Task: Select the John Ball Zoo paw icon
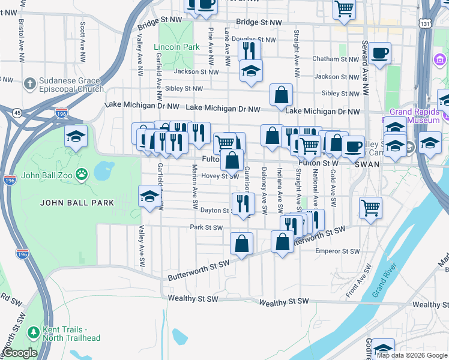coord(81,175)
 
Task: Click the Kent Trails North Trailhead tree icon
coord(33,332)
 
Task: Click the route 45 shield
coord(17,112)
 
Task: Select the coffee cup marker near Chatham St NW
coord(379,53)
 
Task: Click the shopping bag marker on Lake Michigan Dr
coord(281,94)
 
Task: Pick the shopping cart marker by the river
coord(370,208)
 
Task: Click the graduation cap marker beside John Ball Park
coord(149,196)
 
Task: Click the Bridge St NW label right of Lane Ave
coord(259,23)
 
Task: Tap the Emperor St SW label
coord(337,251)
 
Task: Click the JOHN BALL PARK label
coord(77,203)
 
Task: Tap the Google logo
coord(20,353)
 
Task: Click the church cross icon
coord(30,82)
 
